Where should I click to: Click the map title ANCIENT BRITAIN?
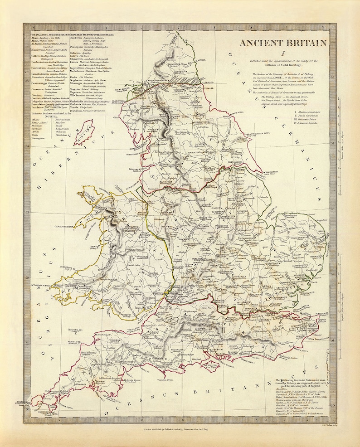click(x=283, y=44)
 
